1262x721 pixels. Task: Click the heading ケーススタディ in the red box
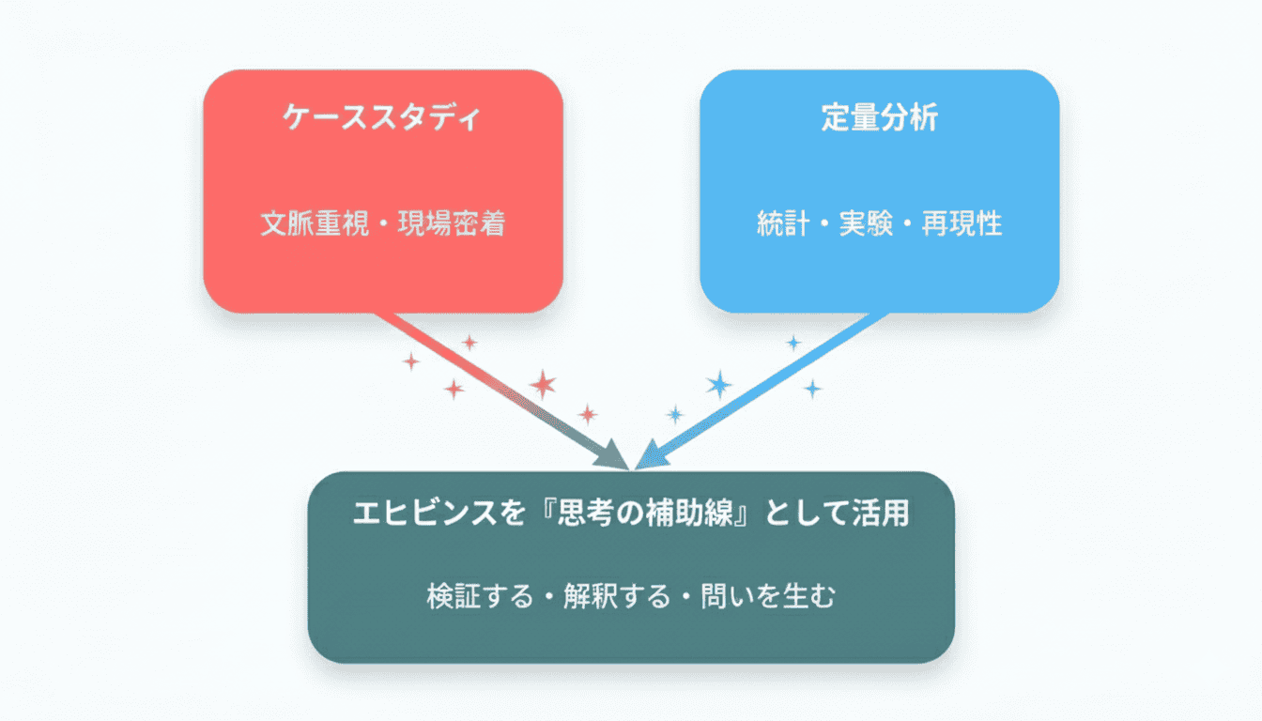[382, 118]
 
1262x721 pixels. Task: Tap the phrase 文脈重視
[313, 225]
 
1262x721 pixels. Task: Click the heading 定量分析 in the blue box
[879, 118]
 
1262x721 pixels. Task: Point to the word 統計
[783, 225]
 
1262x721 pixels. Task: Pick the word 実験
[866, 225]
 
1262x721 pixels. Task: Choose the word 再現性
[962, 225]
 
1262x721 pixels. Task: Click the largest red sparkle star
[542, 383]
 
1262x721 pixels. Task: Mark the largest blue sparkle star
[719, 384]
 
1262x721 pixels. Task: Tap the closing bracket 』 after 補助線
[751, 514]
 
